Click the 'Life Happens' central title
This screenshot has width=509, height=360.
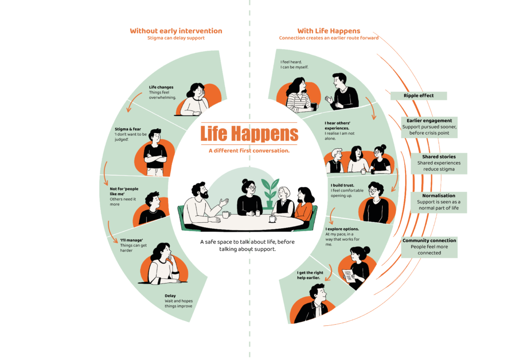point(249,133)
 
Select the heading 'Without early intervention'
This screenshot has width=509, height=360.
point(176,31)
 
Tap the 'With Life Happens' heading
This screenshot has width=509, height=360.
point(329,31)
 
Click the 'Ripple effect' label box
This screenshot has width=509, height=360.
point(419,95)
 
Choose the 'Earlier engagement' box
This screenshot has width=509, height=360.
point(429,127)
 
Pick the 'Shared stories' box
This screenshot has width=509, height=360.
point(439,163)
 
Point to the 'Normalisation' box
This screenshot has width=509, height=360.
point(438,202)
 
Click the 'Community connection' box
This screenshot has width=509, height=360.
point(429,247)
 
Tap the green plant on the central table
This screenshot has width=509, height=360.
point(270,192)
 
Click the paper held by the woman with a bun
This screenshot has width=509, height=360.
point(348,275)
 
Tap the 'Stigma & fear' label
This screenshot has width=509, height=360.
point(128,129)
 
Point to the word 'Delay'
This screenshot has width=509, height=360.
point(170,296)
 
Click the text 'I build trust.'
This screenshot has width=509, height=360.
point(342,185)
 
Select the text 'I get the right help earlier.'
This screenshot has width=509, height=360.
point(310,275)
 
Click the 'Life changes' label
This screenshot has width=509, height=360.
point(161,87)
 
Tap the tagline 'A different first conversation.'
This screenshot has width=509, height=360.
point(249,151)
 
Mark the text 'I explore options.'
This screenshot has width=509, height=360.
point(342,229)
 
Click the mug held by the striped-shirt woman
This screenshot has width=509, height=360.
point(314,106)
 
